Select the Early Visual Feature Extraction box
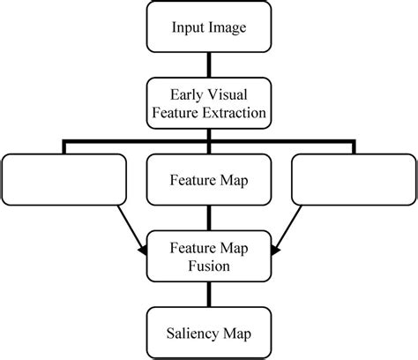point(208,104)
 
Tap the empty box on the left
point(65,180)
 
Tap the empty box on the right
point(352,180)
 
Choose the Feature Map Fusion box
point(208,255)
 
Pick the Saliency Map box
point(208,333)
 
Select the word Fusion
point(208,265)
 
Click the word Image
point(227,27)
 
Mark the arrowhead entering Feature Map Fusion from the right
point(275,252)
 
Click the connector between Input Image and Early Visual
point(208,65)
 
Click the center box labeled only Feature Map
point(208,180)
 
